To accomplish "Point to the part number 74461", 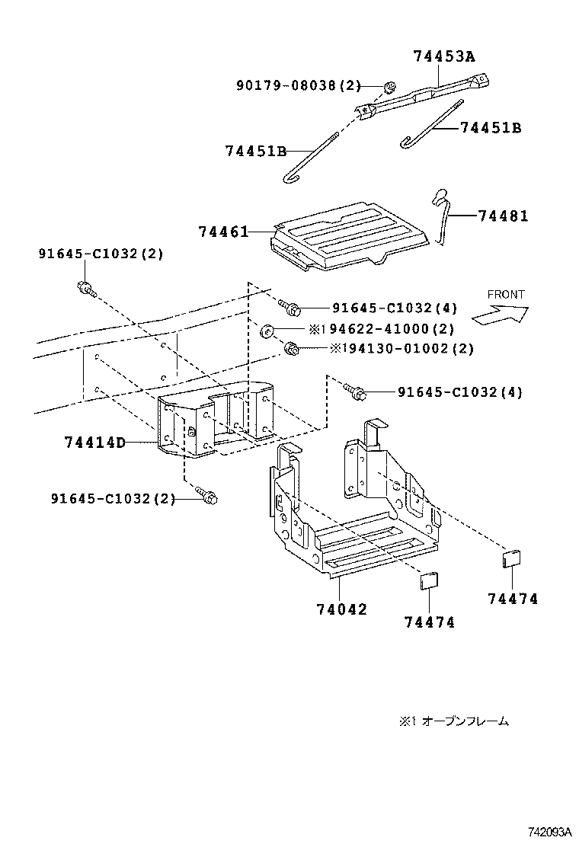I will pos(223,231).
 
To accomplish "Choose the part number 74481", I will pos(504,216).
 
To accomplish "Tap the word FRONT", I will pos(506,294).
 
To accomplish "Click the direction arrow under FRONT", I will pos(500,314).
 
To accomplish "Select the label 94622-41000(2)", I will pos(388,329).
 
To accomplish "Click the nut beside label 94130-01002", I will pos(290,349).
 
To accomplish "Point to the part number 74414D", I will pos(95,442).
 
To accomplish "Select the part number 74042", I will pos(341,609).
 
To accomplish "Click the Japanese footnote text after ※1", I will pos(465,721).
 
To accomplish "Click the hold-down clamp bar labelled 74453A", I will pos(427,94).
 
